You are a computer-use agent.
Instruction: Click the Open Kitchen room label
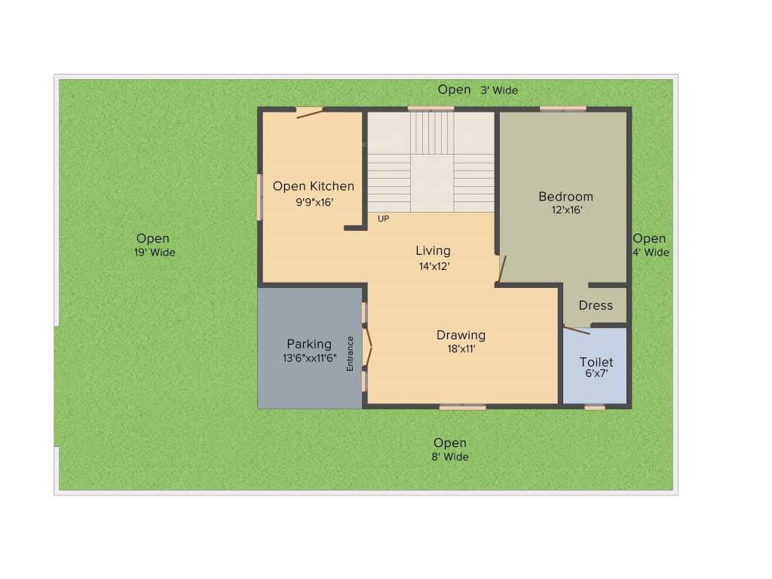313,186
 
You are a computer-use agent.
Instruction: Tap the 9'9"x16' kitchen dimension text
314,202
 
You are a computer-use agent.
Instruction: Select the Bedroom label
565,197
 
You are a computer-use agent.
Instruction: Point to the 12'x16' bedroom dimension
567,210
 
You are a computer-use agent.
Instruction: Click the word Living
433,250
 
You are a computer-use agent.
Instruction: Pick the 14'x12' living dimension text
434,265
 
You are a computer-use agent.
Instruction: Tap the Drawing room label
461,335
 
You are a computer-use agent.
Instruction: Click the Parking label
308,345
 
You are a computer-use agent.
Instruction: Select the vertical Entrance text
350,353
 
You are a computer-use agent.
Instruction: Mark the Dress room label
596,305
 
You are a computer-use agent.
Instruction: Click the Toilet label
596,362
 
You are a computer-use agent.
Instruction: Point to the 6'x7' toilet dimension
596,373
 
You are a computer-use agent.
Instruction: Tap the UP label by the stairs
384,219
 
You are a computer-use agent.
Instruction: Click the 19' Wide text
155,253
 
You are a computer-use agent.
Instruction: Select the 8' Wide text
450,457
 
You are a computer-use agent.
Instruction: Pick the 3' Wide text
499,90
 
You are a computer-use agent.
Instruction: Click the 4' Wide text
650,253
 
